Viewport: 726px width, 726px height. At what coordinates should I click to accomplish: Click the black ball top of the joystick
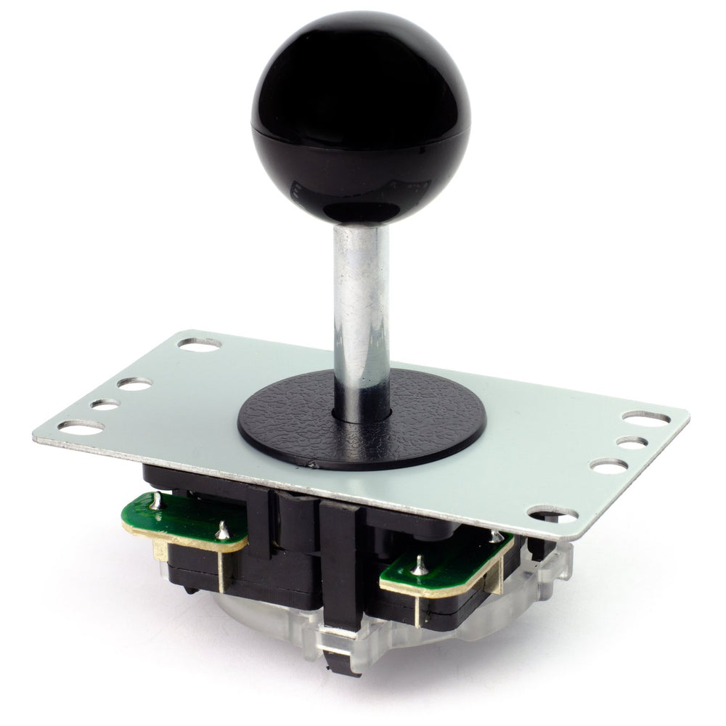(361, 116)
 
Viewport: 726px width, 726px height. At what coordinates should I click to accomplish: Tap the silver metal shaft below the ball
(361, 305)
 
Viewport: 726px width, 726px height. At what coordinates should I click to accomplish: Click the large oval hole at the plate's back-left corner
(200, 343)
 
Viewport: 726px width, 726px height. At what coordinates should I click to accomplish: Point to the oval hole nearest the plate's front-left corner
(81, 428)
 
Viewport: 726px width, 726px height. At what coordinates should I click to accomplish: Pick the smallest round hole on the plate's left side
(105, 404)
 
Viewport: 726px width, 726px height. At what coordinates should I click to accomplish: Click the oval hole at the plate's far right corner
(646, 417)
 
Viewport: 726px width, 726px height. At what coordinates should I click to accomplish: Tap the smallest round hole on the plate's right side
(632, 442)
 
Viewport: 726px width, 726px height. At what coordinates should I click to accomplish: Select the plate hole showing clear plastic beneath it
(553, 515)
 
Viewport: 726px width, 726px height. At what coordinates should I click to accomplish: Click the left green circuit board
(181, 519)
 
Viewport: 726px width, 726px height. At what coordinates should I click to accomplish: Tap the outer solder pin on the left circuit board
(156, 499)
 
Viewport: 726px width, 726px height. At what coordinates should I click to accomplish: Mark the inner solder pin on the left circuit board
(224, 531)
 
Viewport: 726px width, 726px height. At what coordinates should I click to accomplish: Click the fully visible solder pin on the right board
(419, 565)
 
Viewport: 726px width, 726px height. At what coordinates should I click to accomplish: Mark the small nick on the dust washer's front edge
(312, 462)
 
